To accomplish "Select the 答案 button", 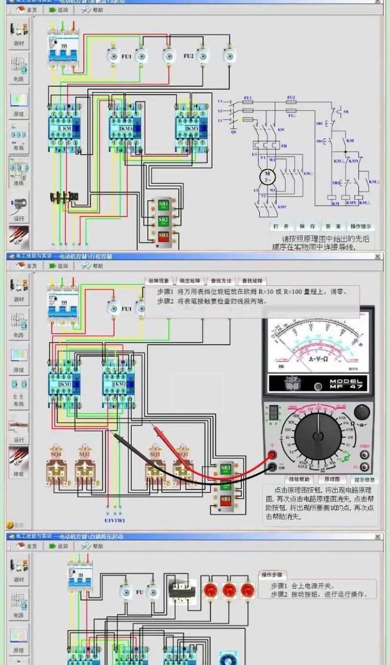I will point(333,227).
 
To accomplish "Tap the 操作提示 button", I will point(361,227).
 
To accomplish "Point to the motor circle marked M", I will point(267,176).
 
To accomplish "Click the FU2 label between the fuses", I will point(189,57).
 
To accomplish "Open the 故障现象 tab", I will point(159,281).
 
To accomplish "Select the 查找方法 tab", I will point(221,281).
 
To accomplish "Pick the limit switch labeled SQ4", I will point(57,467).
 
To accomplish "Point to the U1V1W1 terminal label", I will point(115,520).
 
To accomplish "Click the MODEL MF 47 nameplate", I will point(344,384).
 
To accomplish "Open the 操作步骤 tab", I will point(273,575).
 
